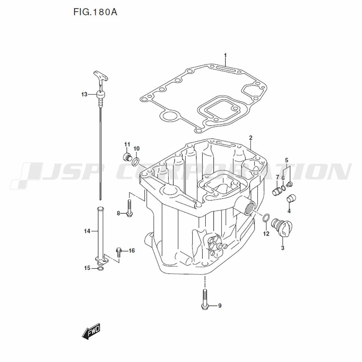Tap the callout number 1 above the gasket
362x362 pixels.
pos(225,55)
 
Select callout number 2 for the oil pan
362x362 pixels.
pos(250,138)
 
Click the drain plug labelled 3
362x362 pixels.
pos(284,228)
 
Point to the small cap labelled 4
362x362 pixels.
pos(291,199)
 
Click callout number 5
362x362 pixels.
pos(286,160)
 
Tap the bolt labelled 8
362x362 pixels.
pos(130,209)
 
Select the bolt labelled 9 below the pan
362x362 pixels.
pos(205,299)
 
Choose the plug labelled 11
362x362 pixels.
pos(127,157)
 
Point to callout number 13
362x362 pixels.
pos(84,94)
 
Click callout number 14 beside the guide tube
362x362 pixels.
pos(87,231)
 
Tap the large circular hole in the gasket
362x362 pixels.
pos(168,117)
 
